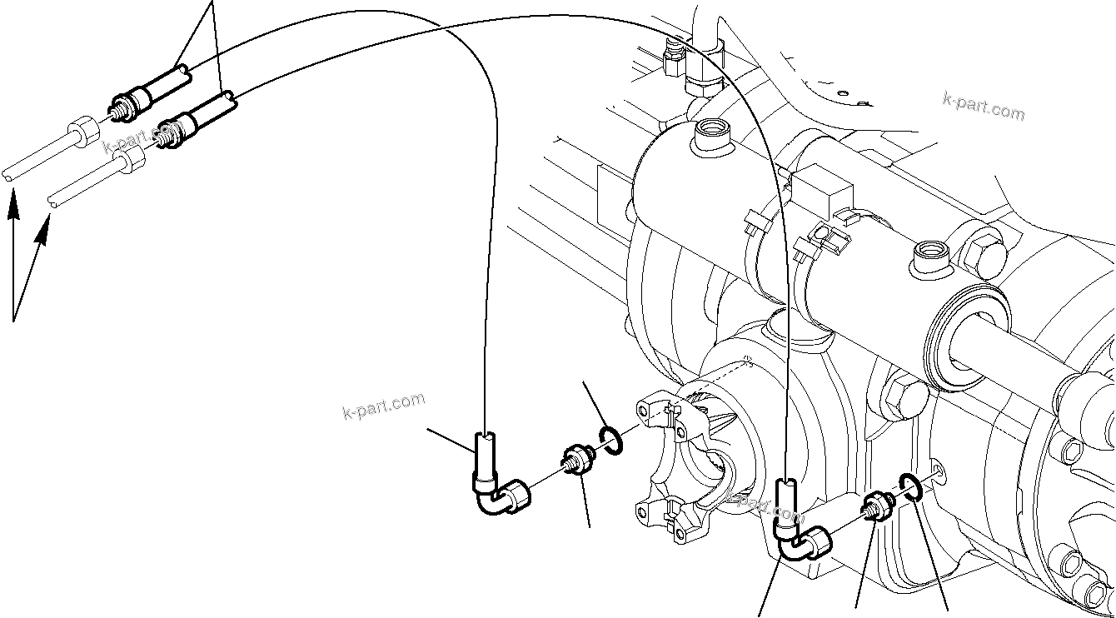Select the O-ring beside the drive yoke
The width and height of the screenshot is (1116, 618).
[610, 441]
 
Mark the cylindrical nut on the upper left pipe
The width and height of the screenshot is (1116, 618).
[82, 132]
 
